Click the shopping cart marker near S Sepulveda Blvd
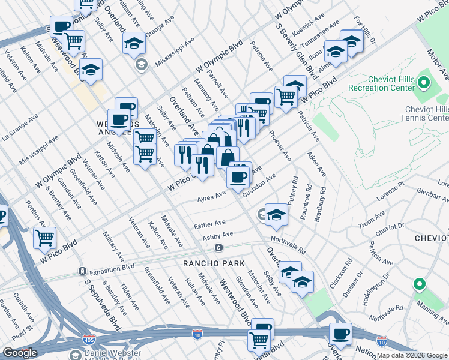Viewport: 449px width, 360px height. tap(44, 238)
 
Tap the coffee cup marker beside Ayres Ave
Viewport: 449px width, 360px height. tap(239, 176)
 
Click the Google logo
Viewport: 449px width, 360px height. tap(20, 353)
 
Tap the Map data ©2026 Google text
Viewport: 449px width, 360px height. tap(412, 355)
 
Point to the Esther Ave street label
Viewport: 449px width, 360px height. tap(209, 224)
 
